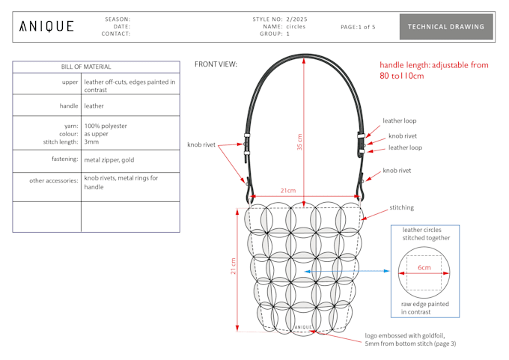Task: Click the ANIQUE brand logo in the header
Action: click(46, 27)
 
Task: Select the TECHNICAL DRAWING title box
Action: click(446, 27)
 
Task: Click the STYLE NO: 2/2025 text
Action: click(280, 19)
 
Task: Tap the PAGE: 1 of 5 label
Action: click(358, 27)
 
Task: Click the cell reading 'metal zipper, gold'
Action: click(110, 159)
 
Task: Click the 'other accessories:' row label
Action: click(54, 180)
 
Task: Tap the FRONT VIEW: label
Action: click(216, 64)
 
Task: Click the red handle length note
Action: click(433, 70)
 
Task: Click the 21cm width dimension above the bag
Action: click(287, 191)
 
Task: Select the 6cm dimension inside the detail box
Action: click(424, 267)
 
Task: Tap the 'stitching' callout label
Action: click(401, 207)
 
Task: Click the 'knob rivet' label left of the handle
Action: click(201, 144)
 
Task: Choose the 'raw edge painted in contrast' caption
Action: click(424, 307)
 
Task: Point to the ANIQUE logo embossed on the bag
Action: click(302, 327)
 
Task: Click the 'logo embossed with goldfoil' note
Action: click(410, 340)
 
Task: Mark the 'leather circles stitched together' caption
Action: click(425, 234)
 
